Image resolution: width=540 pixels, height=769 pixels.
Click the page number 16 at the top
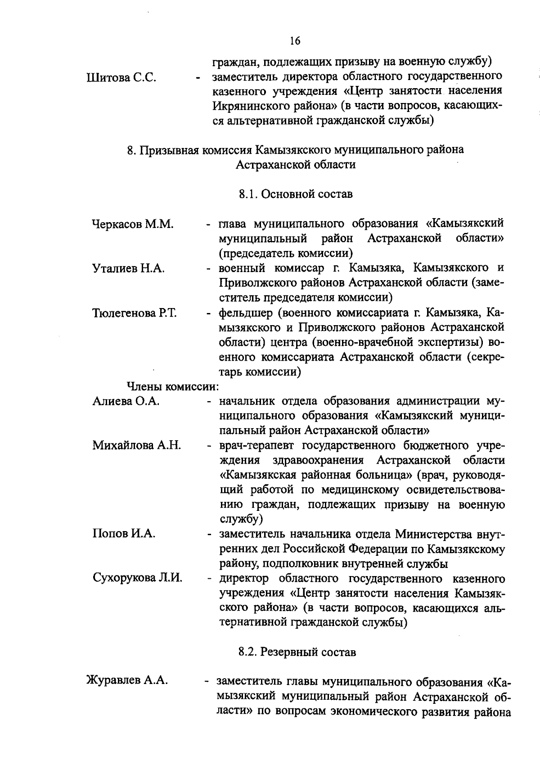coord(295,41)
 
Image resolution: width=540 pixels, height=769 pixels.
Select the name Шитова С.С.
coord(121,77)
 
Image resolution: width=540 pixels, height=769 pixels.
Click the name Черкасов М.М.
coord(133,224)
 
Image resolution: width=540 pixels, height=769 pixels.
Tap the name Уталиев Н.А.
coord(129,268)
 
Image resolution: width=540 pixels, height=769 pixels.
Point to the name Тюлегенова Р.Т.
coord(135,313)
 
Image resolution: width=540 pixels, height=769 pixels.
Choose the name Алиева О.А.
coord(126,401)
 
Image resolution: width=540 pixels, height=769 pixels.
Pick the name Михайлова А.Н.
coord(137,445)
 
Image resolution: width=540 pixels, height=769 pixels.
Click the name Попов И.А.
coord(124,534)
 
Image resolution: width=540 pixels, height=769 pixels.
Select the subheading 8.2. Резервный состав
coord(297,652)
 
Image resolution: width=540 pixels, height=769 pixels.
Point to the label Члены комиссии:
coord(172,386)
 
